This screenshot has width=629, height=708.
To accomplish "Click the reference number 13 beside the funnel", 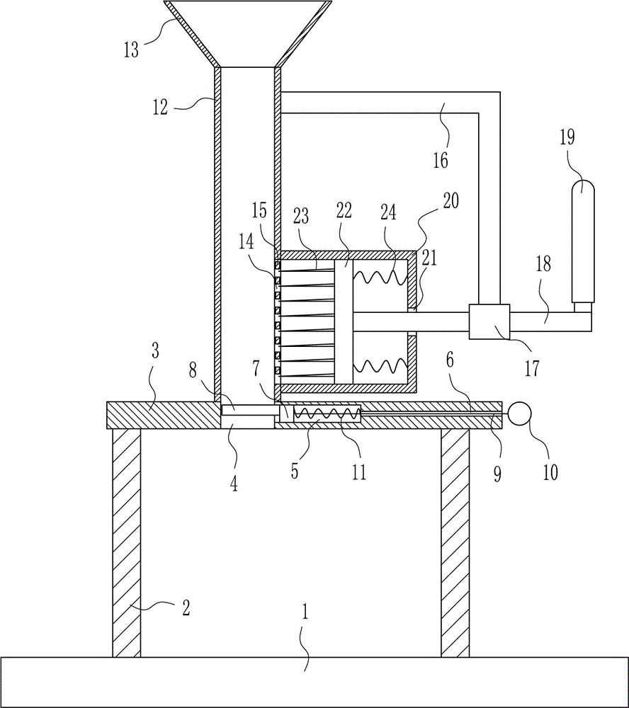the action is (131, 50).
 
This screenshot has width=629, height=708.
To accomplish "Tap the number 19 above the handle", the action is (567, 137).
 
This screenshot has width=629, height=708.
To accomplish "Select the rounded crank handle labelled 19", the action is (583, 241).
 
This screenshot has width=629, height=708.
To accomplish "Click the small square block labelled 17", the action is (489, 321).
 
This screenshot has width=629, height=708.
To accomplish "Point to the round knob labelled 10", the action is (520, 413).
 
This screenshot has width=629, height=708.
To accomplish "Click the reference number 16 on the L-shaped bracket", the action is (441, 160).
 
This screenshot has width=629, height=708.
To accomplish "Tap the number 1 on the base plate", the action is (305, 612).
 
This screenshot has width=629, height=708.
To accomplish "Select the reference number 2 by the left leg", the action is (186, 607).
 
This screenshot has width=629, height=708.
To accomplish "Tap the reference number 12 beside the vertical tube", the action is (160, 107).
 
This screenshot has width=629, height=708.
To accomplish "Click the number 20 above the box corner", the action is (450, 200).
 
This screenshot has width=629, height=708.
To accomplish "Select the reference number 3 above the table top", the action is (155, 351).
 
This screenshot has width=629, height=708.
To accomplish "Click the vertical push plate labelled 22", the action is (344, 322).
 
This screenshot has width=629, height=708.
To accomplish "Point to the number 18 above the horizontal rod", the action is (543, 263).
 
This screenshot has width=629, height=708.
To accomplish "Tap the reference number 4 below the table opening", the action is (234, 484).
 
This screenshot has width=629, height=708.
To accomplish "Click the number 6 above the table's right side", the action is (450, 360).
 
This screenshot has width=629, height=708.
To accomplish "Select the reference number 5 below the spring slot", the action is (294, 472).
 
